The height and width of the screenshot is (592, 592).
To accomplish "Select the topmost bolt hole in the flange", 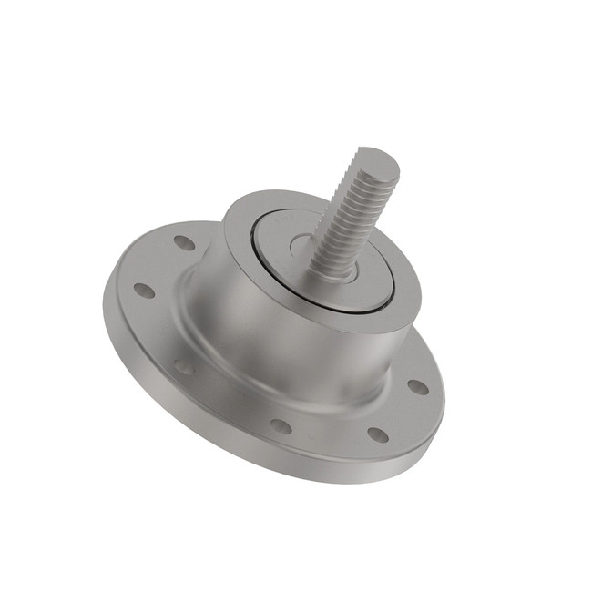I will point(184,243).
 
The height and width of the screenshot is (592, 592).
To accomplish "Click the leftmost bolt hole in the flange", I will point(144,291).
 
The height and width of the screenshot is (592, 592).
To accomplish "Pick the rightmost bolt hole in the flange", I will point(417,387).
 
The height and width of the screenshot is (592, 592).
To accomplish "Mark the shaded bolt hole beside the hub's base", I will point(184,366).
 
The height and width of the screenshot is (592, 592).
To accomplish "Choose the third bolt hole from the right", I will point(281,426).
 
